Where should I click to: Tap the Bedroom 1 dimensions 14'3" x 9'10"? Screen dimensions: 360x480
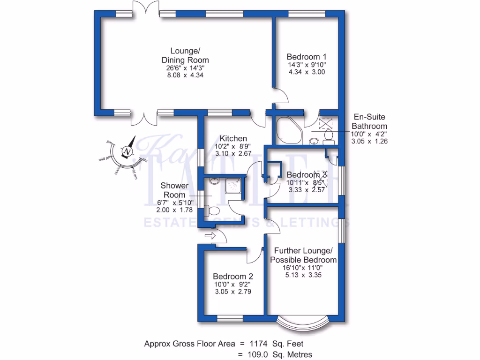click(x=307, y=65)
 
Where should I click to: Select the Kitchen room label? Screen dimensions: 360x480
click(x=233, y=138)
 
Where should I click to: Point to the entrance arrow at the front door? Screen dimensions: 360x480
click(x=209, y=236)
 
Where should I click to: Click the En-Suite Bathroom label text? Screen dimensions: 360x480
click(x=369, y=122)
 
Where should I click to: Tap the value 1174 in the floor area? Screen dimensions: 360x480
click(x=257, y=344)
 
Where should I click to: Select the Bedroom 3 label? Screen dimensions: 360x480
click(x=306, y=175)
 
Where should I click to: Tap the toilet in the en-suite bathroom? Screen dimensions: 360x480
click(x=328, y=136)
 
